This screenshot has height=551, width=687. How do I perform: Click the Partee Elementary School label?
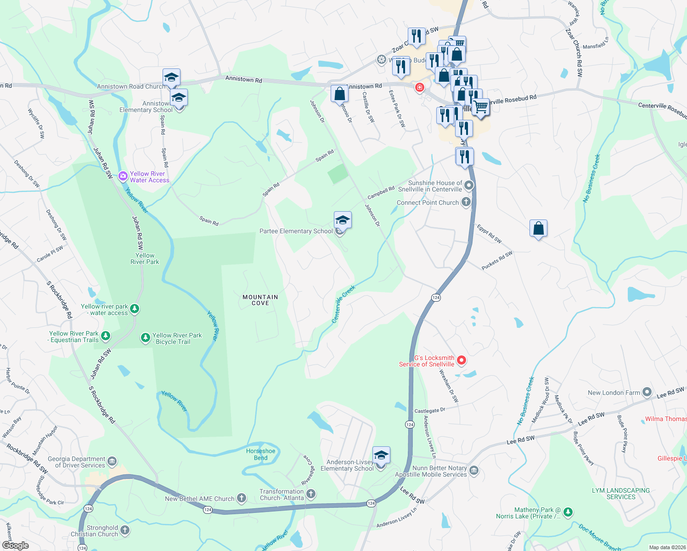[x=296, y=231]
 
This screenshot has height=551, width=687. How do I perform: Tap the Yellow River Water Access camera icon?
[x=123, y=176]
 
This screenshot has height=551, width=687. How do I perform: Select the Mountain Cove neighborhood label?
[x=260, y=300]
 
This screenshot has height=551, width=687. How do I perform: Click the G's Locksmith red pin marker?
[x=462, y=360]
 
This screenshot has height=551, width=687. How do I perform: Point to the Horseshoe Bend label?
[x=260, y=454]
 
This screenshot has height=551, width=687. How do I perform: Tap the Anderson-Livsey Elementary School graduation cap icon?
[x=381, y=455]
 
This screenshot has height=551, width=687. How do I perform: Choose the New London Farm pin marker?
[x=647, y=392]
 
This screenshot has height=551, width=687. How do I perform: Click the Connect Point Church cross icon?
[x=466, y=202]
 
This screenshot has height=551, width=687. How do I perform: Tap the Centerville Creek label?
[x=343, y=304]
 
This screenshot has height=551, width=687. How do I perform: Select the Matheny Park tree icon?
[x=568, y=512]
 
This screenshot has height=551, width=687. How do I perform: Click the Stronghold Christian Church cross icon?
[x=125, y=530]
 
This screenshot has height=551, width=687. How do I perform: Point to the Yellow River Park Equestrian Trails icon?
[x=106, y=336]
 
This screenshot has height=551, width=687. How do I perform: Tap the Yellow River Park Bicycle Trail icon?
[x=146, y=338]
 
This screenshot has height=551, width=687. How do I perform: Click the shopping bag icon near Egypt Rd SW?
[x=538, y=228]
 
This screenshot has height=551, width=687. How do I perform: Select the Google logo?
[x=16, y=545]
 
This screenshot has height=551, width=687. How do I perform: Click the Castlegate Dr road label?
[x=429, y=410]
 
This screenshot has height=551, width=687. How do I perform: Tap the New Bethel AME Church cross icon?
[x=242, y=498]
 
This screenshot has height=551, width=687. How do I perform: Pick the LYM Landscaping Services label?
[x=621, y=494]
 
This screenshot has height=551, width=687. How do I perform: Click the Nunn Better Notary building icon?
[x=474, y=470]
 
